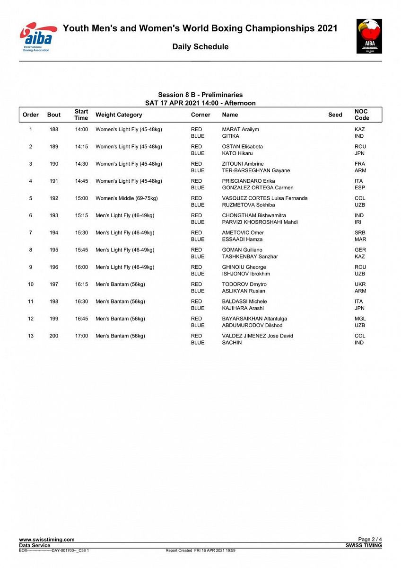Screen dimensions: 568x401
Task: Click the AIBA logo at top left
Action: point(37,36)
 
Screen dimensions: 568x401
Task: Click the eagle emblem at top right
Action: point(369,36)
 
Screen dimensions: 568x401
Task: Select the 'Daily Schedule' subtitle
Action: point(200,46)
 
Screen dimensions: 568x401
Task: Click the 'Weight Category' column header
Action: point(119,115)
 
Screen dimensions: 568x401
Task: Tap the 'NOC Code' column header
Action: point(362,115)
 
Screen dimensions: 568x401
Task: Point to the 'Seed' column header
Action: point(335,115)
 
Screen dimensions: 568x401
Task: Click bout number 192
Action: point(54,198)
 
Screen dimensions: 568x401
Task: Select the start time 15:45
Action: point(81,250)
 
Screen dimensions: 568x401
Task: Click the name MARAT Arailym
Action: point(240,129)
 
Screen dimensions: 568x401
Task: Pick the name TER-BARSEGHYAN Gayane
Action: point(256,170)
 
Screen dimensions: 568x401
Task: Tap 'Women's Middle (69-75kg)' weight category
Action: point(127,198)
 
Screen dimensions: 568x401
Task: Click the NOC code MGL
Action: point(360,319)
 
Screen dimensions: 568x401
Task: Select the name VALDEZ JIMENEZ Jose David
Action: point(257,336)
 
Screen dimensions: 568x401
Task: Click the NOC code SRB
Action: point(360,232)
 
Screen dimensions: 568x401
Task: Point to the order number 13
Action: point(31,336)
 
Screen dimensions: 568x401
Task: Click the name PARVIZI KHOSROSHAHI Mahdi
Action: point(260,222)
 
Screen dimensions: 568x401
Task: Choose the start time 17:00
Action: point(81,336)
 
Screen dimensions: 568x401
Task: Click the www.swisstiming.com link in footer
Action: point(47,540)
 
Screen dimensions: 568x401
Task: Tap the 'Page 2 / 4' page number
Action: point(370,540)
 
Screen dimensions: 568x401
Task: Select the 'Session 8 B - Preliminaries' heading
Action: point(200,95)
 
